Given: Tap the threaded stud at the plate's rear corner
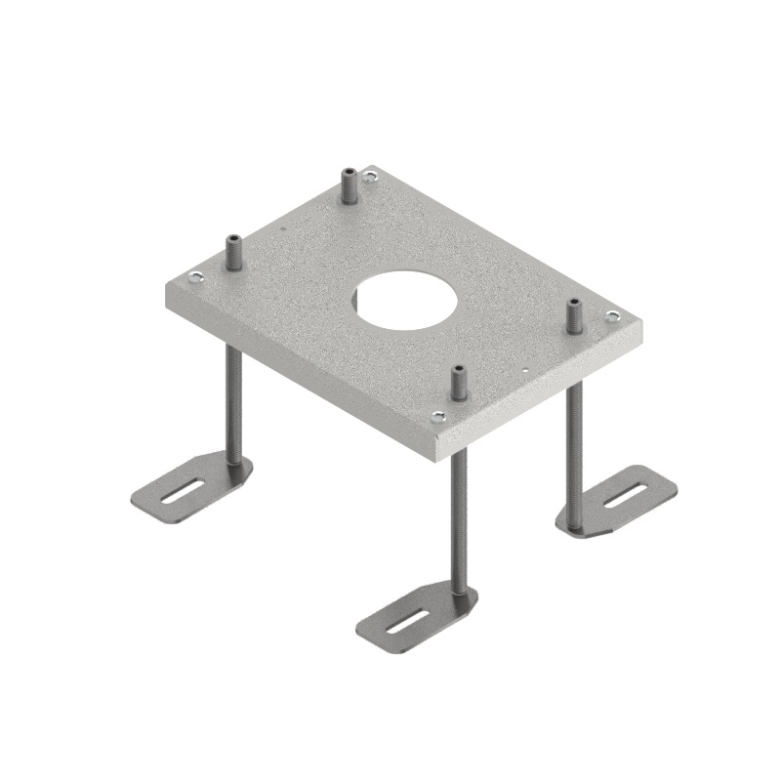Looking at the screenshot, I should click(x=348, y=185).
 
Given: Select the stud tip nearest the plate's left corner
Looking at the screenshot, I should click(x=233, y=241).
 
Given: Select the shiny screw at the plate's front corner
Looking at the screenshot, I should click(x=436, y=415).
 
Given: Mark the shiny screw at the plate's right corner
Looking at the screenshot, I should click(x=612, y=315).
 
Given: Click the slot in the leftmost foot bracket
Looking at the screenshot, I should click(x=184, y=491).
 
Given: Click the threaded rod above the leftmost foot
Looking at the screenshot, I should click(x=234, y=400).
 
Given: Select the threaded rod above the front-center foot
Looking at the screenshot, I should click(x=458, y=517).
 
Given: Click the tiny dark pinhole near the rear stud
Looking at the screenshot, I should click(x=283, y=229).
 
